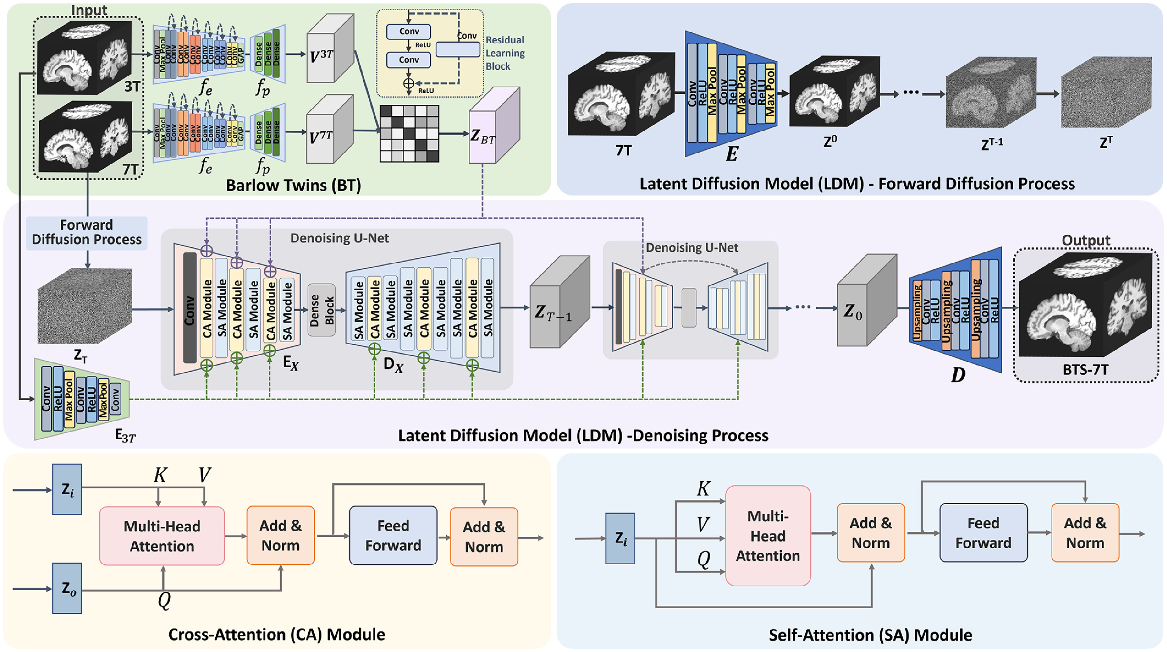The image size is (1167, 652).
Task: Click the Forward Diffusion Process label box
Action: pyautogui.click(x=86, y=233)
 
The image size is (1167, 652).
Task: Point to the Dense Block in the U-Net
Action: pyautogui.click(x=321, y=310)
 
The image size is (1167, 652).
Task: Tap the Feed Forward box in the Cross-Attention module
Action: pyautogui.click(x=393, y=535)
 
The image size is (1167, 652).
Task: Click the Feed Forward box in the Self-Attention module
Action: pyautogui.click(x=983, y=533)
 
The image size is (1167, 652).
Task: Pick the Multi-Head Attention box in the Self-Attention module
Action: pyautogui.click(x=768, y=535)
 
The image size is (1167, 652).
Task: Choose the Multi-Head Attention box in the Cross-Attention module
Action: pyautogui.click(x=162, y=536)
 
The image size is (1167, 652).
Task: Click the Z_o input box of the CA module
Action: pyautogui.click(x=67, y=589)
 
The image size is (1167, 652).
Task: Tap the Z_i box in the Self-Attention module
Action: pyautogui.click(x=620, y=539)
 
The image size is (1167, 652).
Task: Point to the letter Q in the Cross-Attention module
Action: pyautogui.click(x=164, y=601)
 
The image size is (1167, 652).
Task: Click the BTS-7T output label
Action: pyautogui.click(x=1086, y=370)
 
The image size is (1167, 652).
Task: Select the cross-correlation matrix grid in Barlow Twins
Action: pyautogui.click(x=409, y=133)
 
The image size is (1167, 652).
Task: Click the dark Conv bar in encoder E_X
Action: pyautogui.click(x=190, y=308)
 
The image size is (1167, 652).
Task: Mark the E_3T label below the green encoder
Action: pyautogui.click(x=125, y=436)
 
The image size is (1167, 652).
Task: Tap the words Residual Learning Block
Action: pyautogui.click(x=505, y=53)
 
